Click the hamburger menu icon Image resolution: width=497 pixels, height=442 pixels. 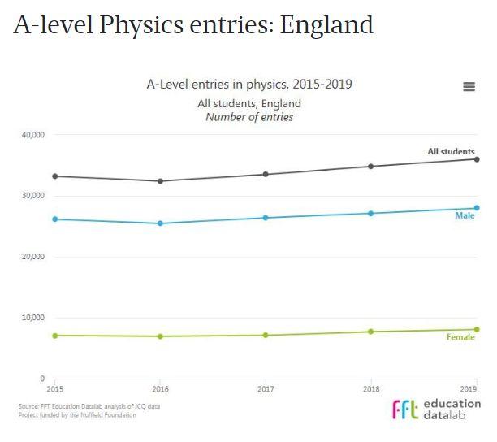coord(469,87)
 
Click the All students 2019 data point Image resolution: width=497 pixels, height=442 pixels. coord(477,159)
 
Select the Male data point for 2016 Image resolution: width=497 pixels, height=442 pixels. coord(161,223)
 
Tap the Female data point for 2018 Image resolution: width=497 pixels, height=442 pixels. coord(371,331)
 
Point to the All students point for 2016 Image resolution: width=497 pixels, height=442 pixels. coord(161,181)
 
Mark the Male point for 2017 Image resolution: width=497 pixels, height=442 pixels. coord(266,218)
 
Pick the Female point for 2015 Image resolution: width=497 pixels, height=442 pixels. coord(55,336)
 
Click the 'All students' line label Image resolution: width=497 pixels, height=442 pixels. coord(451,152)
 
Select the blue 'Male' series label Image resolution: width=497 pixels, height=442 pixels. coord(465,216)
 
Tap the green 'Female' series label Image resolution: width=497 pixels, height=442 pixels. coord(460,337)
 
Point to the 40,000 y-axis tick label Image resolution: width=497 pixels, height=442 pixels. coord(33,135)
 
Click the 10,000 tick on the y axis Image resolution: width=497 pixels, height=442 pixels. coord(33,318)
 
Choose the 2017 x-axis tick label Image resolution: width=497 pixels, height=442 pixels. coord(266,390)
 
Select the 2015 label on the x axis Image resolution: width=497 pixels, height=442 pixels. coord(55,390)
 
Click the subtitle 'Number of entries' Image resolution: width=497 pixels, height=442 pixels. coord(249,117)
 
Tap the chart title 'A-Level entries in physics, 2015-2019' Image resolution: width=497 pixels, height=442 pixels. coord(249,84)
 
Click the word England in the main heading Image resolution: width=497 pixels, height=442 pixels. coord(326,25)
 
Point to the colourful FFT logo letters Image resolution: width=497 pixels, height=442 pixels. coord(406,409)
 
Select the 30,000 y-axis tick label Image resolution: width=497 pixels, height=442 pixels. coord(33,196)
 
